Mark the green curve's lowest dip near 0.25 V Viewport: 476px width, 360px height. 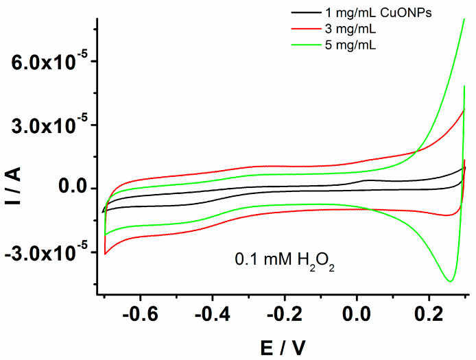pos(449,281)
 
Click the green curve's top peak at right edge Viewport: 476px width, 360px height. pos(464,19)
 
